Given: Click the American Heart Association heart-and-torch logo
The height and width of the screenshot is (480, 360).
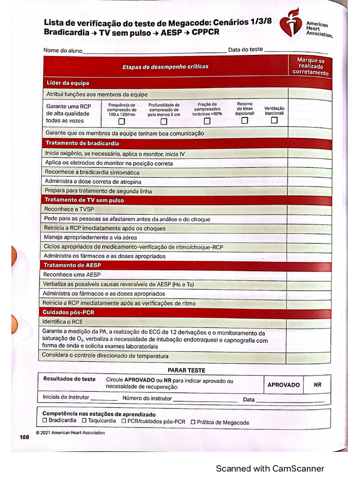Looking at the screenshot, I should pyautogui.click(x=292, y=22).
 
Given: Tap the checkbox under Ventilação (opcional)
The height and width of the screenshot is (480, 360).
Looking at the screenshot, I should pyautogui.click(x=274, y=120).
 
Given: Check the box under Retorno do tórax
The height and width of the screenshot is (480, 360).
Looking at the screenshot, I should pyautogui.click(x=245, y=120).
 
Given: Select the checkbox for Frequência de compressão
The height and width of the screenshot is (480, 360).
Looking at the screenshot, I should pyautogui.click(x=122, y=122).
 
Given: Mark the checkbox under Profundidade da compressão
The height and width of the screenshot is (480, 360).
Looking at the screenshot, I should pyautogui.click(x=164, y=122).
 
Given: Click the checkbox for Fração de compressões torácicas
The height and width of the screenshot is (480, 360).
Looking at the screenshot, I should pyautogui.click(x=207, y=121).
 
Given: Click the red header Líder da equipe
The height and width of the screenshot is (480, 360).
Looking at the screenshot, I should pyautogui.click(x=68, y=83).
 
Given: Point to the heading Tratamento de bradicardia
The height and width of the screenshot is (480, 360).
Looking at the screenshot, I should pyautogui.click(x=82, y=143).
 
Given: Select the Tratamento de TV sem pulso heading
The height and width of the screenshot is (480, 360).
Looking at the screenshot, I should pyautogui.click(x=84, y=200).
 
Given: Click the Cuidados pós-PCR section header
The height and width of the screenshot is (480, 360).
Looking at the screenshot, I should pyautogui.click(x=68, y=312).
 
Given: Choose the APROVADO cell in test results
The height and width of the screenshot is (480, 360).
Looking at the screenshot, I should pyautogui.click(x=284, y=385).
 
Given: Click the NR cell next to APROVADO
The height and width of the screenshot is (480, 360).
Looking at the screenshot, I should pyautogui.click(x=318, y=385).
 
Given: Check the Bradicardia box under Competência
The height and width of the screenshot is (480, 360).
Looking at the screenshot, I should pyautogui.click(x=45, y=421).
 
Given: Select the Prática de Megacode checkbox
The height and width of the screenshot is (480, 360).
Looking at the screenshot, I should pyautogui.click(x=193, y=422).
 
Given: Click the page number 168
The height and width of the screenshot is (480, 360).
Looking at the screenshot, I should pyautogui.click(x=24, y=437).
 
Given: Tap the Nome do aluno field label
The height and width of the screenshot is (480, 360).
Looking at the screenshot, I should pyautogui.click(x=63, y=51).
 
